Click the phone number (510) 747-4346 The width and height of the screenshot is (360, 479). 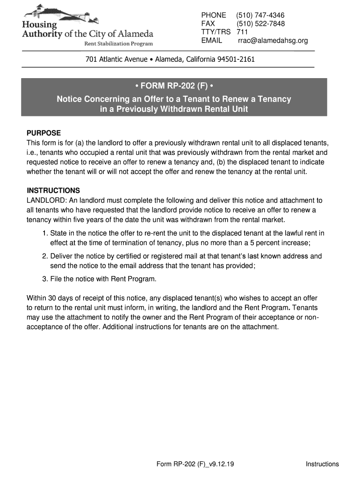260,15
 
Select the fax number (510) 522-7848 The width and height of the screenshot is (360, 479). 260,24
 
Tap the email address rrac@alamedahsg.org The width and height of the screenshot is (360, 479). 273,41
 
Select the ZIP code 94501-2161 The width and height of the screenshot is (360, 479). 236,60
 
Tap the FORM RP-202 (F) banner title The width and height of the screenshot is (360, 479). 174,86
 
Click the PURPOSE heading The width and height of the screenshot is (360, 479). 44,133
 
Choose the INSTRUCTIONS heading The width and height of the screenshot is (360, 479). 53,191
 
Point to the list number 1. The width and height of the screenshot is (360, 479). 44,233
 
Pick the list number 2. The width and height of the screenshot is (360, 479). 44,256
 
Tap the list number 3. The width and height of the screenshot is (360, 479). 44,279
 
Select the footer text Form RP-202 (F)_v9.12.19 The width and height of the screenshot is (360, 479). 195,464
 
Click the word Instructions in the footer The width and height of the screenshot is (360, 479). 322,464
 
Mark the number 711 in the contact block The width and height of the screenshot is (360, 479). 242,32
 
